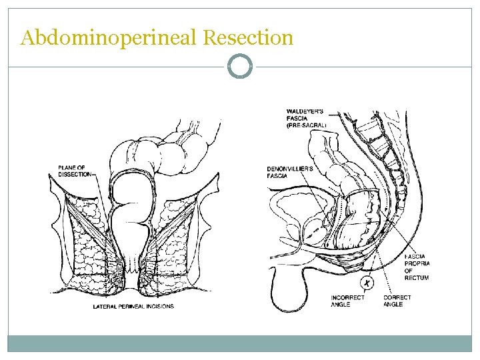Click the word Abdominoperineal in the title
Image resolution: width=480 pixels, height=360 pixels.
109,38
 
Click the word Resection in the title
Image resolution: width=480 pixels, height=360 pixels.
247,38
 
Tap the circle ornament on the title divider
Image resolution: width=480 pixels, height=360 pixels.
240,67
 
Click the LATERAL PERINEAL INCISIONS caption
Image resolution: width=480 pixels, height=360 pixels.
133,307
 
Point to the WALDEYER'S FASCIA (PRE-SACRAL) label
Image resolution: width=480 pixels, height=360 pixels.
306,118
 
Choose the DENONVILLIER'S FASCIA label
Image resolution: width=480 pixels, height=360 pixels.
290,172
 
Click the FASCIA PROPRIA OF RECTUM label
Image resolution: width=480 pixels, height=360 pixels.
416,267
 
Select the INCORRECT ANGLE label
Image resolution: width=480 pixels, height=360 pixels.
347,301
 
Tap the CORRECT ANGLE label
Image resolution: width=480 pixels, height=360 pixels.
397,301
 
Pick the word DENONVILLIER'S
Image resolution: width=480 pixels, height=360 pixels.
291,169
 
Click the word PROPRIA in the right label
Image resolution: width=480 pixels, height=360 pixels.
417,263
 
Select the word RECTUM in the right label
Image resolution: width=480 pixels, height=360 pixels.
417,277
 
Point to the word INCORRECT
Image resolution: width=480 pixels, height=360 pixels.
348,297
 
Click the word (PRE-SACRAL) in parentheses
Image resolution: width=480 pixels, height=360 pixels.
307,125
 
